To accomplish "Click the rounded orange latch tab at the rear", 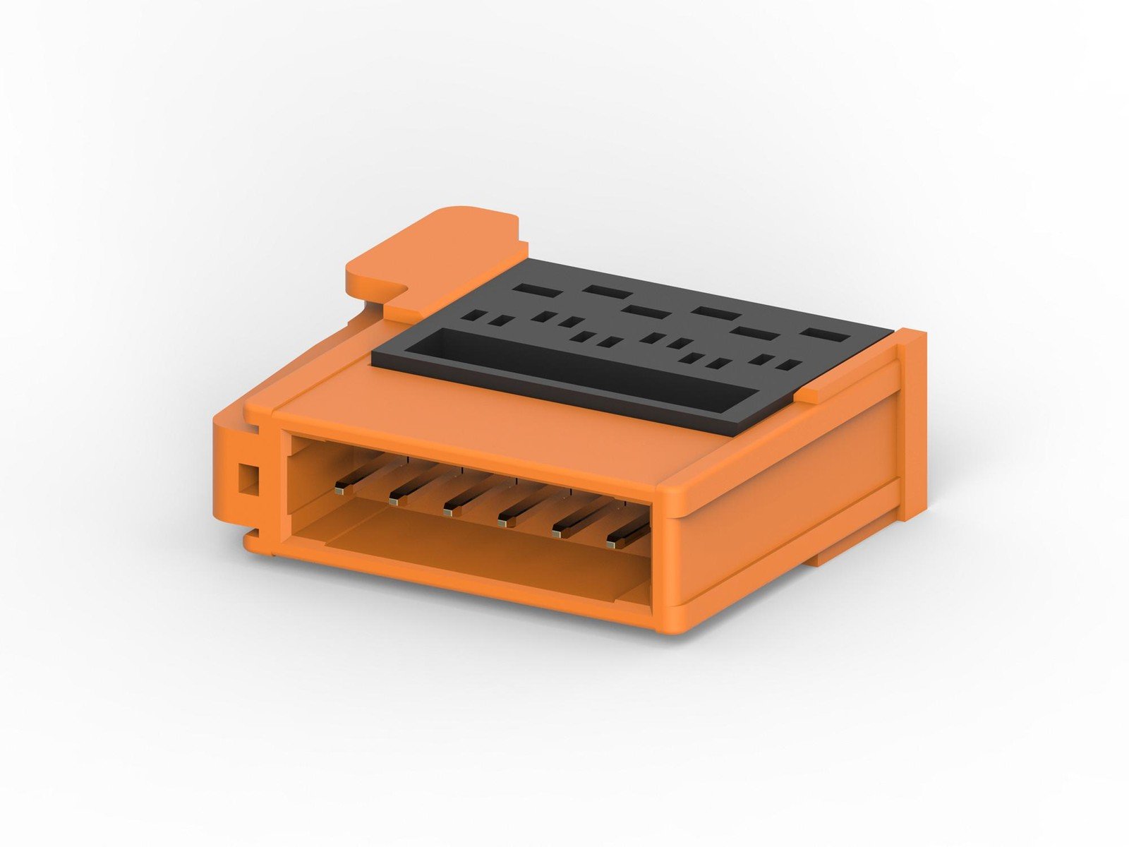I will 430,254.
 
